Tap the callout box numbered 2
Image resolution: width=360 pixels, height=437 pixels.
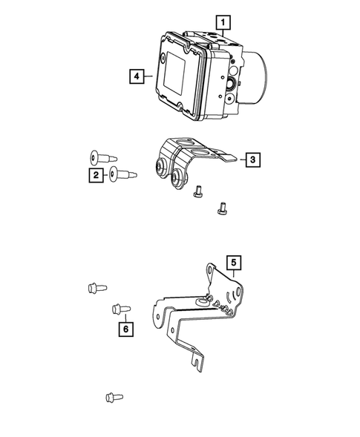pos(96,175)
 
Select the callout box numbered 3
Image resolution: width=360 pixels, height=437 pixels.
pos(252,159)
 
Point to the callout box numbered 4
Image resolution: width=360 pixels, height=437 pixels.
pos(135,75)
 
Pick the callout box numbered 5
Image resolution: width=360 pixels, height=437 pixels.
pos(234,262)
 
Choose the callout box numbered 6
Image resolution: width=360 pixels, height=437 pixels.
pos(125,327)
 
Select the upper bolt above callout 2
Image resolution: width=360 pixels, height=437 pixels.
pos(100,157)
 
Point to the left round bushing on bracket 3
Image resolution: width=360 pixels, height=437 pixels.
pos(159,168)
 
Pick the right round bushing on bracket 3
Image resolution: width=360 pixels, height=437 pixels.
pos(178,178)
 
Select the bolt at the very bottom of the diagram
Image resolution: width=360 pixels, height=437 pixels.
pos(113,398)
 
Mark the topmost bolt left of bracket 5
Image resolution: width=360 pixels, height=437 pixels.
pos(96,286)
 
